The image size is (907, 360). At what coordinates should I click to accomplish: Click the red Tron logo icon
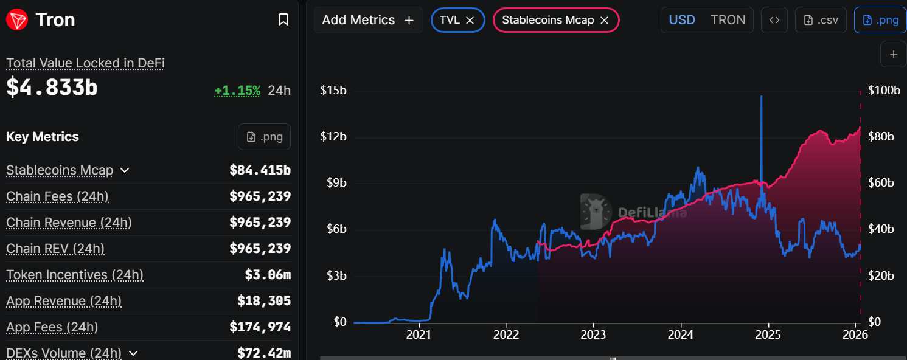(x=16, y=20)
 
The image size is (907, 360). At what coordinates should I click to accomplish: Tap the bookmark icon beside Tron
(x=283, y=20)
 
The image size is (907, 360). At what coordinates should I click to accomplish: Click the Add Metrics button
(x=368, y=20)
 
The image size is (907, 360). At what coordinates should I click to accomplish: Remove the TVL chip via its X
(x=470, y=20)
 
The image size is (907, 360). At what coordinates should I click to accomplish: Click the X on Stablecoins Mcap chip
(x=605, y=20)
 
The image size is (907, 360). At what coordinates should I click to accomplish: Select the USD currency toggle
(x=682, y=20)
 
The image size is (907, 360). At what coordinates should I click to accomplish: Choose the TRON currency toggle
(x=728, y=20)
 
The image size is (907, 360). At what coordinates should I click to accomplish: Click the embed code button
(x=774, y=20)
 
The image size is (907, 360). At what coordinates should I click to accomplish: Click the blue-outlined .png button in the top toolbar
(x=880, y=20)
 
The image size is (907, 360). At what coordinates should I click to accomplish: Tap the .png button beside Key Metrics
(x=264, y=137)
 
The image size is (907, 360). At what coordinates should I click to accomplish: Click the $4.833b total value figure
(x=52, y=88)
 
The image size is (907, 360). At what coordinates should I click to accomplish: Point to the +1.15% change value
(x=237, y=91)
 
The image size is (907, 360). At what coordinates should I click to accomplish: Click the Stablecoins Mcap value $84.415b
(x=260, y=170)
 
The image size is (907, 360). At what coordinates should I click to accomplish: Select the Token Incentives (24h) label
(x=75, y=275)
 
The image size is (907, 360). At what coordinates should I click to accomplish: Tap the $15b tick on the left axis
(x=333, y=91)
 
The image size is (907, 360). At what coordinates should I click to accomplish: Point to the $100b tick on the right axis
(x=884, y=91)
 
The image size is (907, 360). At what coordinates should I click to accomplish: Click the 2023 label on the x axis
(x=593, y=334)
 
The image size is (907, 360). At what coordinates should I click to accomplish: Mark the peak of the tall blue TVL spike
(x=761, y=96)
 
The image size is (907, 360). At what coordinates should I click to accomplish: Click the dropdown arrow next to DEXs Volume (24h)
(x=133, y=353)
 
